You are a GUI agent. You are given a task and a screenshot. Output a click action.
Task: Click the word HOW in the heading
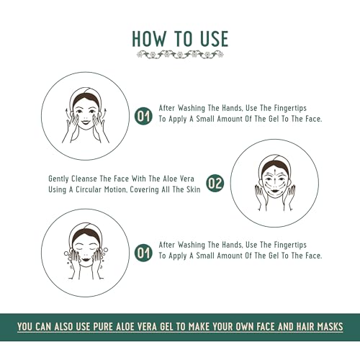(149, 39)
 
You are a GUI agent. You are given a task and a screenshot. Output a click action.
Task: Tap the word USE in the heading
(214, 39)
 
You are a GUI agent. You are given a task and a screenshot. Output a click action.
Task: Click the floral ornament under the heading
(180, 55)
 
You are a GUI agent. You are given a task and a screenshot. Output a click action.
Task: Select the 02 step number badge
(215, 183)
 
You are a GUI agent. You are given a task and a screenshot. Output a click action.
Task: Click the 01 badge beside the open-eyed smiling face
(143, 116)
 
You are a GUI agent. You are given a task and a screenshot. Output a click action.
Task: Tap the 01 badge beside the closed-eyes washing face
(143, 253)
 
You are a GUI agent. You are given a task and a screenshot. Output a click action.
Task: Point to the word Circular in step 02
(89, 189)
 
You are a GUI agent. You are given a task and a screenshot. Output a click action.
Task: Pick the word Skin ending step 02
(194, 189)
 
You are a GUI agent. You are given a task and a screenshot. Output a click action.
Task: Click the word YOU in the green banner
(25, 327)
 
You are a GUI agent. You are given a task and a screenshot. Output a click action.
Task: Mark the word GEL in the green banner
(166, 327)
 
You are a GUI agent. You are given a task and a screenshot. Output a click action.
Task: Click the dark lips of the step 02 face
(274, 190)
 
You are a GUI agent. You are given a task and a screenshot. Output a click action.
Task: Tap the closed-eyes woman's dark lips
(85, 259)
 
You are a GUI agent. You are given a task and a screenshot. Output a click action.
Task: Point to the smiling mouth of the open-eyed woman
(86, 122)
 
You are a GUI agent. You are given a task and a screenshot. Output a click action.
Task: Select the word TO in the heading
(184, 39)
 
